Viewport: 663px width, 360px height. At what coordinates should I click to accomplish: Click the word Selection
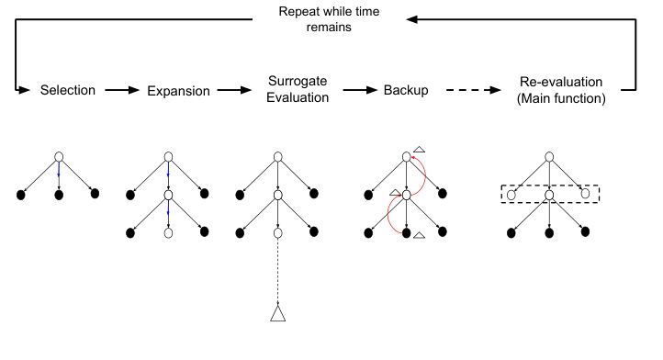[x=67, y=91]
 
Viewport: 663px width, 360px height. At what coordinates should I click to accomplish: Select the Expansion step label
[x=178, y=91]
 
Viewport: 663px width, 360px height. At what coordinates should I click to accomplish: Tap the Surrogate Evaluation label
[x=297, y=91]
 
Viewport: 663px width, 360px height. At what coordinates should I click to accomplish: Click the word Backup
[x=407, y=91]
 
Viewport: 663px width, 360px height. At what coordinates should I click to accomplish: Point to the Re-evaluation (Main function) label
[x=562, y=91]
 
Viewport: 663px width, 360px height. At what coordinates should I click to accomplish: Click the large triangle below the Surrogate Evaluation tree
[x=278, y=314]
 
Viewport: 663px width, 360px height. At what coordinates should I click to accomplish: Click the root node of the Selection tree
[x=58, y=156]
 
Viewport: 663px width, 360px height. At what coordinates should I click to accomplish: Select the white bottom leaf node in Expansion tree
[x=168, y=233]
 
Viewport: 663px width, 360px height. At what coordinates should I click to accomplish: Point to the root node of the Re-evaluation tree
[x=549, y=156]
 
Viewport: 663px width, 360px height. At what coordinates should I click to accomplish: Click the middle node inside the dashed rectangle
[x=549, y=195]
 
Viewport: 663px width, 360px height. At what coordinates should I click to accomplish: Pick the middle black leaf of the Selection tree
[x=58, y=194]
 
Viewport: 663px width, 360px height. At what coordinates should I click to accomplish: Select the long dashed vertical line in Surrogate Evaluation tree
[x=278, y=271]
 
